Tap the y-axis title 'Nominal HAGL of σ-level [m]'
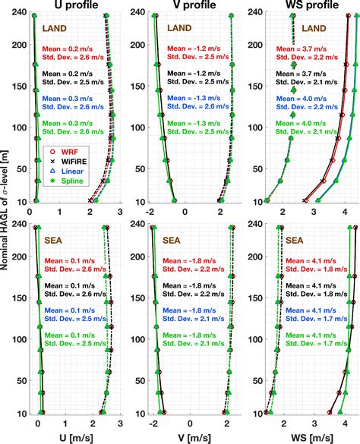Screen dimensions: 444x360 click(7, 220)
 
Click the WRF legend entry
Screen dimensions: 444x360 click(61, 153)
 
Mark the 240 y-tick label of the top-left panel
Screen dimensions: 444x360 click(17, 12)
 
